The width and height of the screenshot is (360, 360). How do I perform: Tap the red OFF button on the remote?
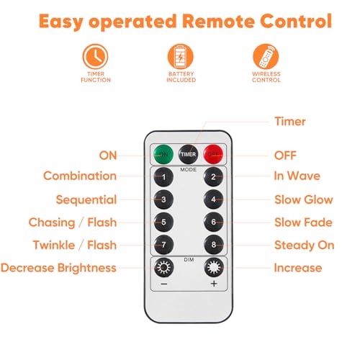(213, 154)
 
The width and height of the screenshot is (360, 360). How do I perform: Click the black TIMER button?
(189, 154)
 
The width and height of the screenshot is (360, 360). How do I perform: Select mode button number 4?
(213, 199)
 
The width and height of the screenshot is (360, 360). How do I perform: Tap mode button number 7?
(163, 245)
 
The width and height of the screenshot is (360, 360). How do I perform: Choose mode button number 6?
(213, 222)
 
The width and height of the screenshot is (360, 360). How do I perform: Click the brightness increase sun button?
(214, 267)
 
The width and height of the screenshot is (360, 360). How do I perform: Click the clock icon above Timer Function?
(95, 56)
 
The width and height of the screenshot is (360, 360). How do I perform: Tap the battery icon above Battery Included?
(181, 56)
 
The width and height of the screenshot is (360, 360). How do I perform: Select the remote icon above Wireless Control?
(266, 56)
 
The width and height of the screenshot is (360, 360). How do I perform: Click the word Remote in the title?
(219, 21)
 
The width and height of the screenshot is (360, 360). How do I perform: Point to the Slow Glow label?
(304, 199)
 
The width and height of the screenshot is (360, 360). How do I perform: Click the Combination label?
(80, 176)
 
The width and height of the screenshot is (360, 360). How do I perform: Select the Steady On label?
(305, 246)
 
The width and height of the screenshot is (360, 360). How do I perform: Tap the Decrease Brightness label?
(58, 268)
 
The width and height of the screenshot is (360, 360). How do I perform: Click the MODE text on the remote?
(189, 170)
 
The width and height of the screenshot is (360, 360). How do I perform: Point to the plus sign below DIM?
(214, 284)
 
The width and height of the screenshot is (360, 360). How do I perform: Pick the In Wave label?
(297, 176)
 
